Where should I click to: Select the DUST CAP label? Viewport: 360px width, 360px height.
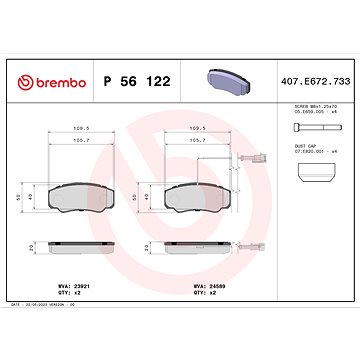(306, 150)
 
